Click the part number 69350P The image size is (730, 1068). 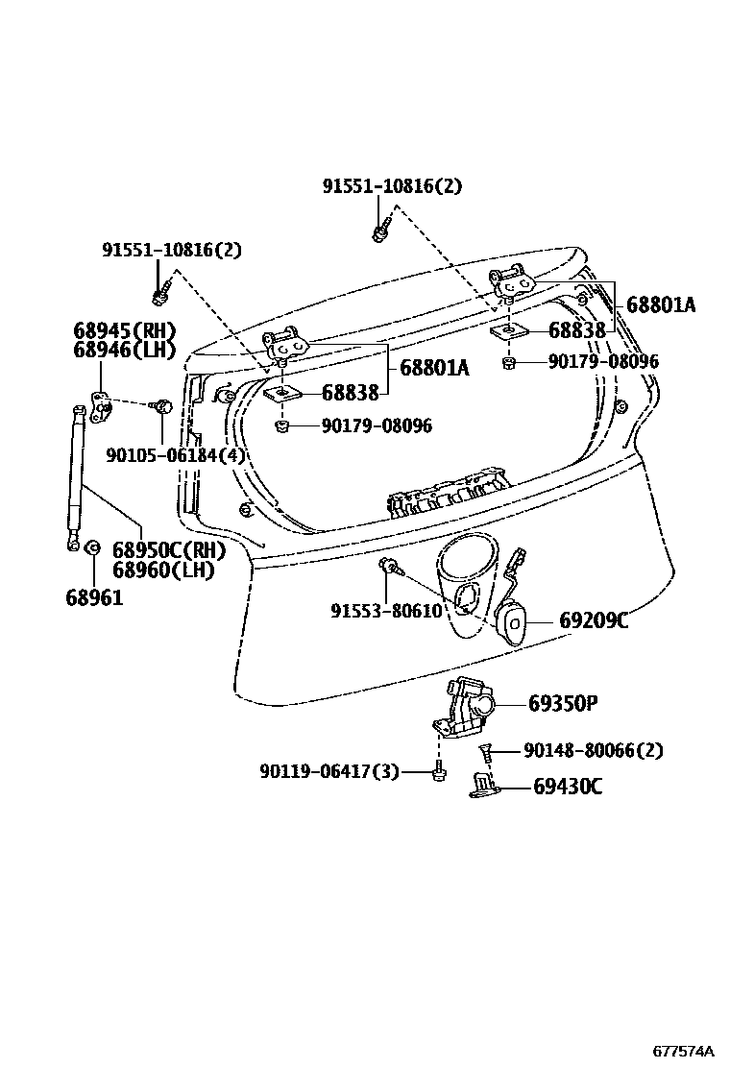pyautogui.click(x=563, y=704)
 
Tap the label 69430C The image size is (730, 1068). pyautogui.click(x=568, y=788)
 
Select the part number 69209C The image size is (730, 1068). pyautogui.click(x=594, y=621)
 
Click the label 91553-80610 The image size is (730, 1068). pyautogui.click(x=386, y=611)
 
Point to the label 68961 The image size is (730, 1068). pyautogui.click(x=94, y=596)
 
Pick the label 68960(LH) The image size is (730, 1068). pyautogui.click(x=163, y=570)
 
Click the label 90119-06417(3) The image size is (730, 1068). pyautogui.click(x=328, y=771)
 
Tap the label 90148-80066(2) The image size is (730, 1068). pyautogui.click(x=593, y=750)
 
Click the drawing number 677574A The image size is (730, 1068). pyautogui.click(x=685, y=1051)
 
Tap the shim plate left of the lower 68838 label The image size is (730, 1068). pyautogui.click(x=283, y=394)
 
